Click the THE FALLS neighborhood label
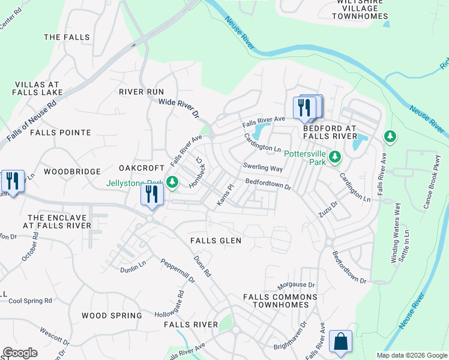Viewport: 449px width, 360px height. pos(67,37)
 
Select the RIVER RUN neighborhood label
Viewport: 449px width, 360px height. pos(141,92)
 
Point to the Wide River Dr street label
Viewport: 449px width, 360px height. pos(178,108)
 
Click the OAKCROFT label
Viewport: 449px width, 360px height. pos(142,168)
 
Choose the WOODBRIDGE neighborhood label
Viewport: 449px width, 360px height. pos(72,172)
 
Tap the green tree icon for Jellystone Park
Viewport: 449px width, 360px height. pos(172,181)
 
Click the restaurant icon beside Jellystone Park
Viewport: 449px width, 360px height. pos(151,194)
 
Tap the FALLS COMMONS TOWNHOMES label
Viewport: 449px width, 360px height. pos(280,301)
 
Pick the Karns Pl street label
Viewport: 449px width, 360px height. pos(224,194)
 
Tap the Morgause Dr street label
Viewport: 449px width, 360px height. pos(296,284)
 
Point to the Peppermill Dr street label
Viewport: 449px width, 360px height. pos(178,271)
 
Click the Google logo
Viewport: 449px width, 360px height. pos(20,353)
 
